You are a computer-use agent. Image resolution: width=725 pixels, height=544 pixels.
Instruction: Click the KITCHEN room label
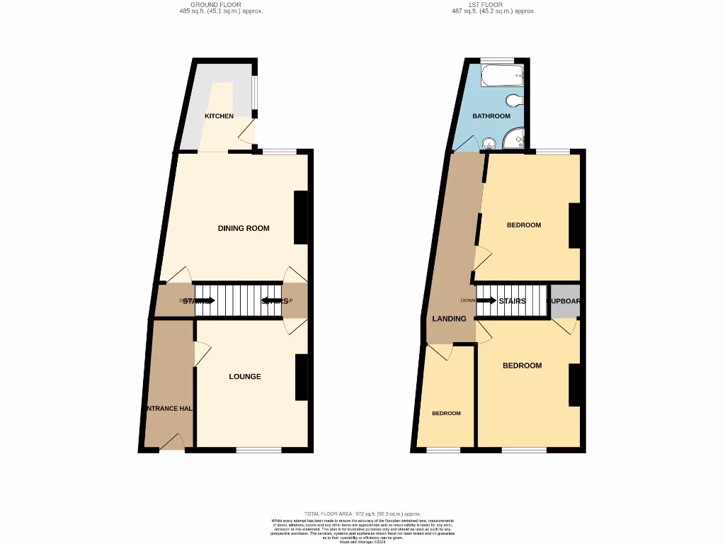(219, 116)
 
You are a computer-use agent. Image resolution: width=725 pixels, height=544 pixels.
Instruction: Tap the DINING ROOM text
(244, 228)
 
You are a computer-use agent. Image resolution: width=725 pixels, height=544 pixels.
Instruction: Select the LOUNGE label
(245, 377)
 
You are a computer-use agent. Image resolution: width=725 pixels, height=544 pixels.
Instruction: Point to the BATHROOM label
(491, 116)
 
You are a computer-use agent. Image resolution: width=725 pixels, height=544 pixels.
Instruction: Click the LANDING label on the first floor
(450, 319)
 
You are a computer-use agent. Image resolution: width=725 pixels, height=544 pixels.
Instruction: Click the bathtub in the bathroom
(501, 76)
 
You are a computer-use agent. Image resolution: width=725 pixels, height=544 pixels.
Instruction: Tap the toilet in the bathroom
(515, 99)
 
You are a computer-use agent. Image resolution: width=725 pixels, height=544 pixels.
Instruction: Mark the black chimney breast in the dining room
(301, 217)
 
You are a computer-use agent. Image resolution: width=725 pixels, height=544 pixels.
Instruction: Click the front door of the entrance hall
(172, 443)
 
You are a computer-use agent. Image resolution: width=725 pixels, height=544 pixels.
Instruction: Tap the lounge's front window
(258, 449)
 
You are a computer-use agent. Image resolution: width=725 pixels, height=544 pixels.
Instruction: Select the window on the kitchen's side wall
(255, 96)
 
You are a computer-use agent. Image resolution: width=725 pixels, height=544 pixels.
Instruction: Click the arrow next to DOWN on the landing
(486, 300)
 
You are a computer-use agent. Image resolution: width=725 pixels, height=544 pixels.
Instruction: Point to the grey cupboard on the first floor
(565, 300)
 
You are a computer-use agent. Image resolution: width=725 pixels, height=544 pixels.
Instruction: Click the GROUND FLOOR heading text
(221, 5)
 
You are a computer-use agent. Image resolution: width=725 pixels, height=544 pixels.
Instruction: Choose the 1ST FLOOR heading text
(493, 5)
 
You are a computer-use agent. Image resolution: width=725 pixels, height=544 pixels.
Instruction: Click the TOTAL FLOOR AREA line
(362, 514)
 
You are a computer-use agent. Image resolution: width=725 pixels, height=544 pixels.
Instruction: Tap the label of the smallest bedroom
(447, 414)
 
